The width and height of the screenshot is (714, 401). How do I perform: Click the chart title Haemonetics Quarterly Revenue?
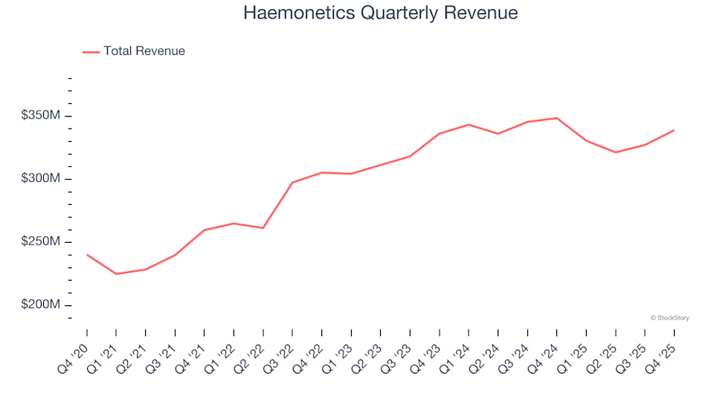(380, 13)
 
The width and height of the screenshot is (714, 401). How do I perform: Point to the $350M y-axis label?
(41, 116)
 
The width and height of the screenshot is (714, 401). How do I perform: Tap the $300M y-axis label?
(41, 179)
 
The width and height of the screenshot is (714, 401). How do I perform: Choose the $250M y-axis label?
(41, 242)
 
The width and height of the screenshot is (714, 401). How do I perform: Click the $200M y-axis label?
(41, 305)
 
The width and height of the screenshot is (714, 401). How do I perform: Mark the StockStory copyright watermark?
(669, 318)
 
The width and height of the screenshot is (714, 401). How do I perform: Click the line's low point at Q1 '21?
(116, 274)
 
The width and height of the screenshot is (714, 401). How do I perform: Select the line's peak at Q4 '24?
(556, 118)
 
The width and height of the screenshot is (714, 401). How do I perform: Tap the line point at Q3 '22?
(292, 182)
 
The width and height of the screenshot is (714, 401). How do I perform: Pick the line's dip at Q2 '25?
(615, 152)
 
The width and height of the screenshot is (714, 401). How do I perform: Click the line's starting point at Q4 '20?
(87, 255)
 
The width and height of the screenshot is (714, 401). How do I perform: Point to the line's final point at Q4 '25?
(674, 131)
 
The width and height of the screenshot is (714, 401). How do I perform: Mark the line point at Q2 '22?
(263, 228)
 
